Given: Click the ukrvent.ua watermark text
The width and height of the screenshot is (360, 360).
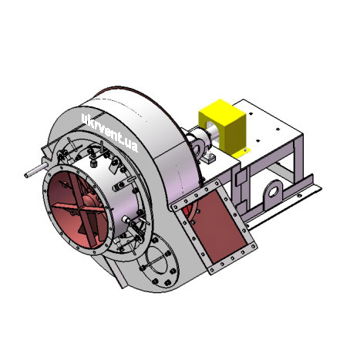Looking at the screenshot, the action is coord(109,133).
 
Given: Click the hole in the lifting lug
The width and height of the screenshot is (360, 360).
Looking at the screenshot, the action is coord(274,191).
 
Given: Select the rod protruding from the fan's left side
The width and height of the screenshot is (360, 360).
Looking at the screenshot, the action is coord(36,170).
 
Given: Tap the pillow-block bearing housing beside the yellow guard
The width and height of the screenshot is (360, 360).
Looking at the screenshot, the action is coord(199,144).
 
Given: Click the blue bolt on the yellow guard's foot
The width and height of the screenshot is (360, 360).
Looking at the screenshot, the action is coord(246,150).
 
